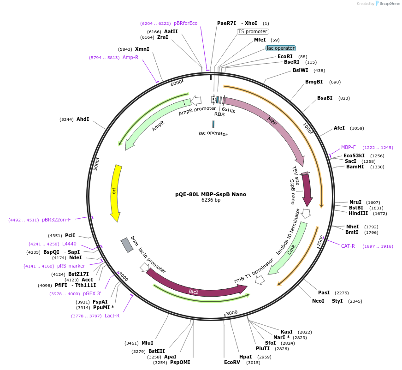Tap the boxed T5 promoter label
pyautogui.click(x=253, y=31)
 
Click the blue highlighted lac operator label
pyautogui.click(x=281, y=48)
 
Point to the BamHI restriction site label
pyautogui.click(x=355, y=167)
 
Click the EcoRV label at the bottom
pyautogui.click(x=232, y=362)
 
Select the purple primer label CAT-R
pyautogui.click(x=348, y=246)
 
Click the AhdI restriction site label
pyautogui.click(x=83, y=119)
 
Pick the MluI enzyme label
pyautogui.click(x=148, y=343)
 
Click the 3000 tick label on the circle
pyautogui.click(x=232, y=313)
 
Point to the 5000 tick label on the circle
pyautogui.click(x=97, y=165)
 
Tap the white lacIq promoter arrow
pyautogui.click(x=144, y=267)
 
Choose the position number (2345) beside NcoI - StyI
pyautogui.click(x=355, y=301)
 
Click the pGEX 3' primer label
pyautogui.click(x=92, y=293)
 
